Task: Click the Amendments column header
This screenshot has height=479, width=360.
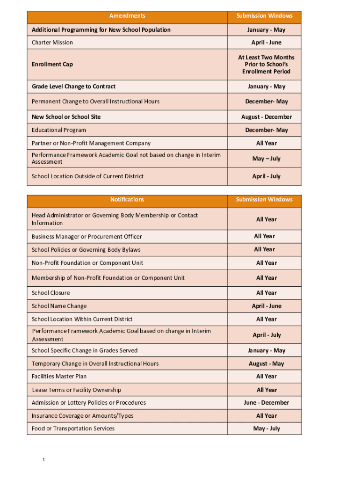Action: tap(127, 16)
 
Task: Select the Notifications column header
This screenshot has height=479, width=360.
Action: tap(127, 200)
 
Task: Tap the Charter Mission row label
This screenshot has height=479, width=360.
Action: tap(52, 43)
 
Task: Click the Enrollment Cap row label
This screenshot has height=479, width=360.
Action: tap(52, 64)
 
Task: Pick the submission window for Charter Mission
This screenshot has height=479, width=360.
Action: tap(266, 43)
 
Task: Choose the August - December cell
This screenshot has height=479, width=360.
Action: tap(266, 117)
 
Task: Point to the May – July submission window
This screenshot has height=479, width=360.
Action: tap(266, 159)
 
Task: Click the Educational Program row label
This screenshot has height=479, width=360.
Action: tap(59, 130)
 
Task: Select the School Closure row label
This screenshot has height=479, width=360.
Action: tap(51, 293)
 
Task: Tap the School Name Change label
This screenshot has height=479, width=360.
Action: tap(59, 306)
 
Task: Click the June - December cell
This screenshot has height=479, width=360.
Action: tap(266, 403)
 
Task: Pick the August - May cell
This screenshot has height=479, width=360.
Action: tap(266, 364)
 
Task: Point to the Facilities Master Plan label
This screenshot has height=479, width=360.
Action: tap(59, 377)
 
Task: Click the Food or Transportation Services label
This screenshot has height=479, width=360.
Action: tap(73, 428)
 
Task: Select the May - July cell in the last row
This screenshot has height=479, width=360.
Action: tap(266, 428)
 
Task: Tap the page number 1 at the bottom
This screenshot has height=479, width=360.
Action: tap(43, 461)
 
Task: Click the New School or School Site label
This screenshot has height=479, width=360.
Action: tap(66, 117)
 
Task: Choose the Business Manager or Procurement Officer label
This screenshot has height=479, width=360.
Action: tap(87, 237)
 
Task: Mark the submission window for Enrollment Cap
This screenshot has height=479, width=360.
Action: tap(266, 65)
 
